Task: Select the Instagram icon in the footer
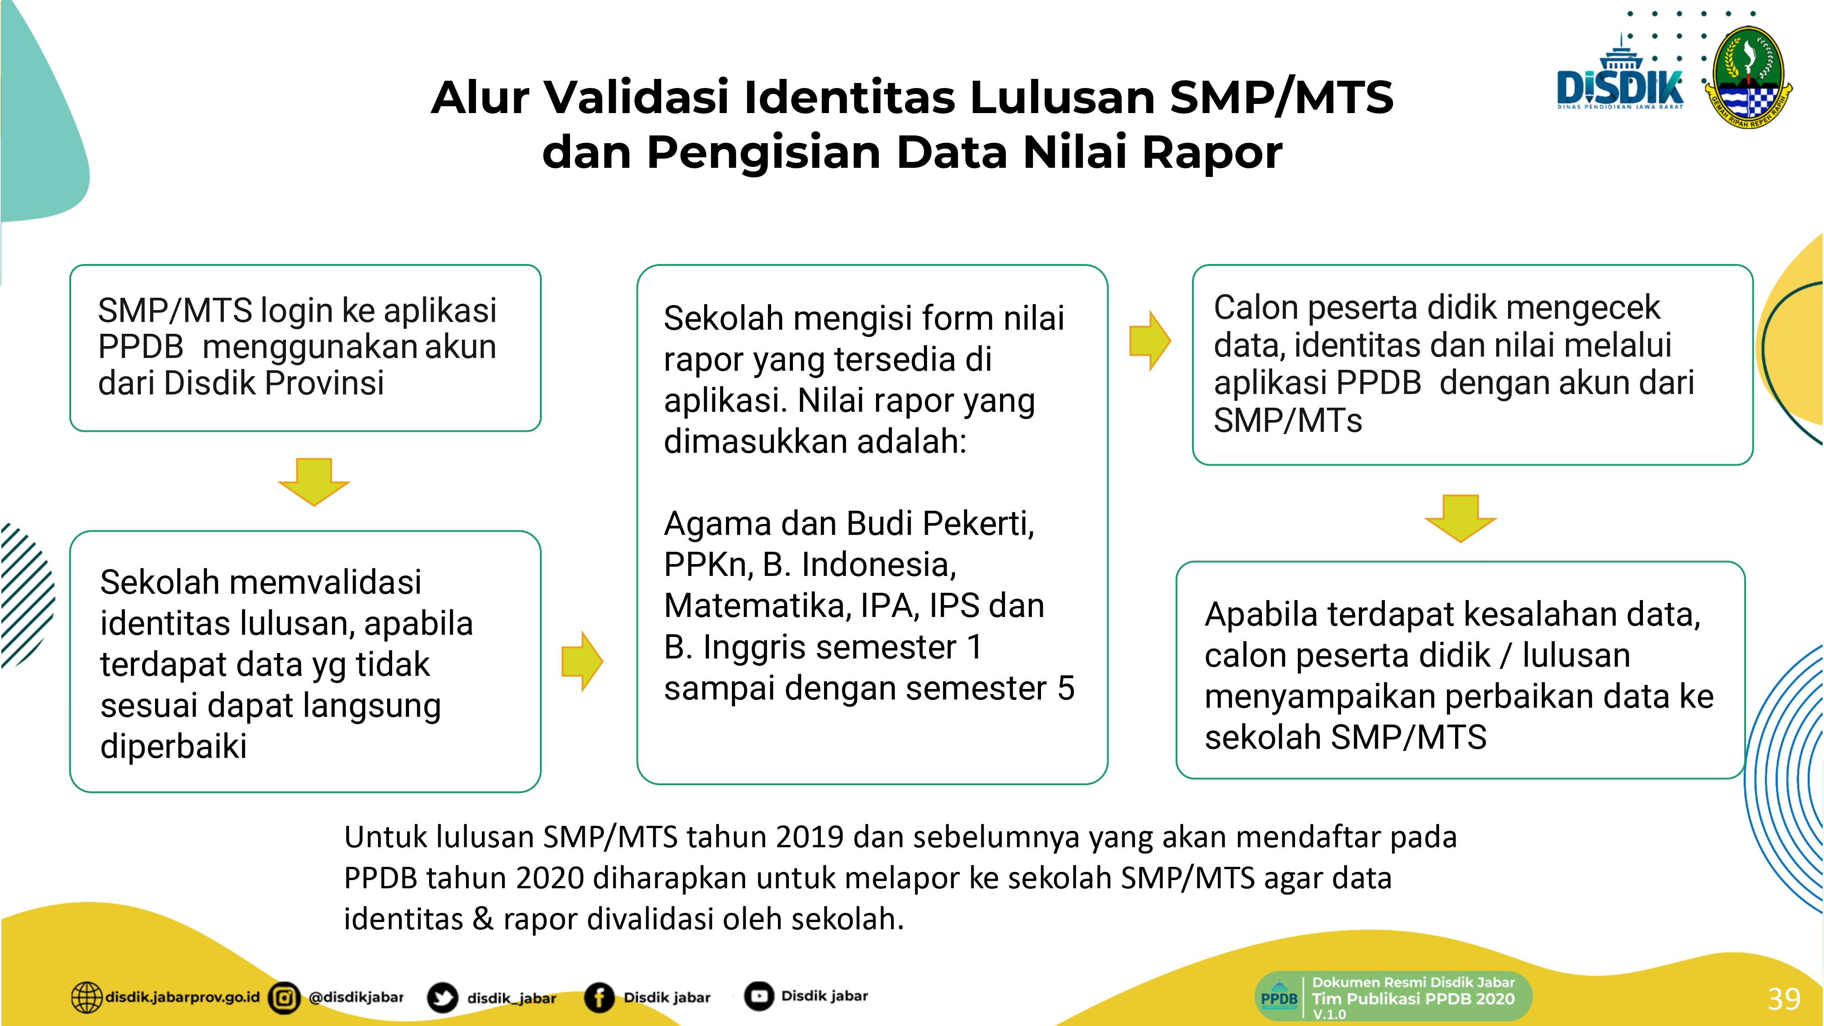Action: pos(285,998)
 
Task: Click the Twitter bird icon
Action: pos(442,998)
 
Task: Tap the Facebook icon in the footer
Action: pos(599,998)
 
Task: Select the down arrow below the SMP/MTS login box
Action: pos(314,482)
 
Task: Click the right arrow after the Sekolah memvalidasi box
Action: pos(582,661)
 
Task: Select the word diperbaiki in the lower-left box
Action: pos(173,746)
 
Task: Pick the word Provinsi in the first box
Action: pos(324,383)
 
